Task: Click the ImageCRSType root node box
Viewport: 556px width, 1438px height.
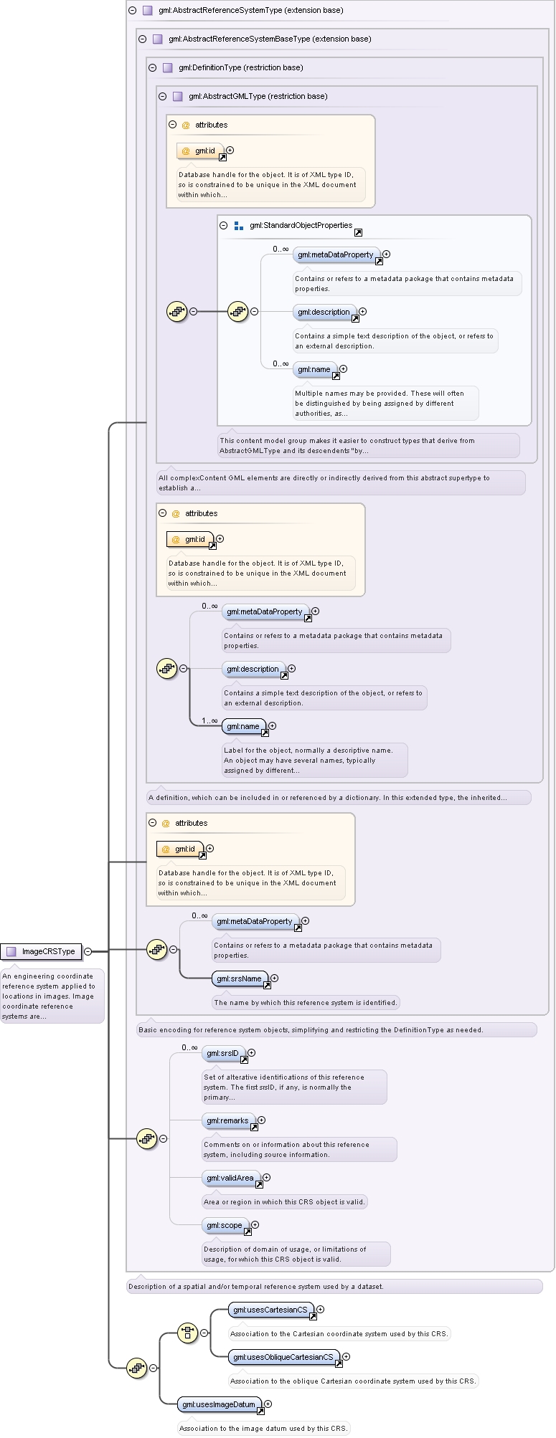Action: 41,951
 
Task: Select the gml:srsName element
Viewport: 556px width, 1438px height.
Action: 240,978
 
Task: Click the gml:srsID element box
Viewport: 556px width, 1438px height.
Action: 223,1053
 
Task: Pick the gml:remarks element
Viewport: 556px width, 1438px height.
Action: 228,1120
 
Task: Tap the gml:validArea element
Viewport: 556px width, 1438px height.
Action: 231,1178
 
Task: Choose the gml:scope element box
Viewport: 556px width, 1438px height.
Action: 225,1225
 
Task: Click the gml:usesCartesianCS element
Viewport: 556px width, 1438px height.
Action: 271,1310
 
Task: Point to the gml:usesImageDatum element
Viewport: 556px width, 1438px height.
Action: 220,1404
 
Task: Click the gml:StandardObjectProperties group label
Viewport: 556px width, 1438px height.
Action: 301,225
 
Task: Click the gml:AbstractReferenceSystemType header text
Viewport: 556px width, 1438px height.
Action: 250,11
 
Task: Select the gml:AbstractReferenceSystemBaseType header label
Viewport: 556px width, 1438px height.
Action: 270,39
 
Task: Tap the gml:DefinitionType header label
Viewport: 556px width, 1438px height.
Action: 241,68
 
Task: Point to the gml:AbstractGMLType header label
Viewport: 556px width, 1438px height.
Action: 258,97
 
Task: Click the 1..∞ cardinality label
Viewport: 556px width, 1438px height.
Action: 209,720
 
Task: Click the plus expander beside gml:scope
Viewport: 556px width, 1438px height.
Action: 255,1225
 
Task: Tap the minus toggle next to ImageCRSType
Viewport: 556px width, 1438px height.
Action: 88,952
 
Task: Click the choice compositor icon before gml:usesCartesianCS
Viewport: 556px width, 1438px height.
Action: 187,1333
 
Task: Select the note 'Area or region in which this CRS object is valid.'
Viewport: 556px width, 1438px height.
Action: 284,1202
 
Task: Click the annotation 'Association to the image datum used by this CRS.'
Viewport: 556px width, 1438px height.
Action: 263,1429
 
